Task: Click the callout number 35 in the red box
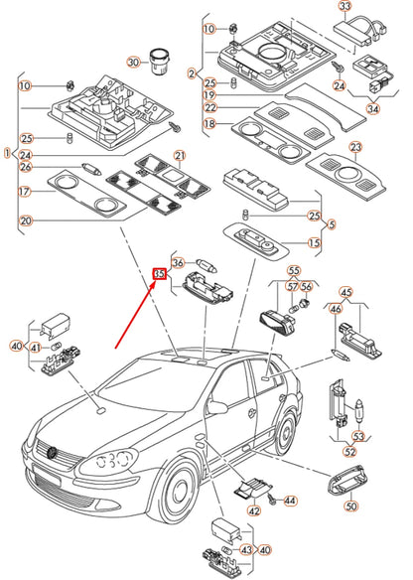[160, 274]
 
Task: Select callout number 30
[133, 62]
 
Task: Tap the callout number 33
[344, 7]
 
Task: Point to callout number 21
[180, 156]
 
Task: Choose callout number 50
[350, 506]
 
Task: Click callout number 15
[314, 243]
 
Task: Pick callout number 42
[253, 510]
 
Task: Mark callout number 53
[358, 436]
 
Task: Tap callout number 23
[355, 148]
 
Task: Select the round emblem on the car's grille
[53, 453]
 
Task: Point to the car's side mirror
[217, 406]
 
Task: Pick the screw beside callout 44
[272, 500]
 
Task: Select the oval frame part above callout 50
[346, 480]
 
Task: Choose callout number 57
[292, 286]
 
